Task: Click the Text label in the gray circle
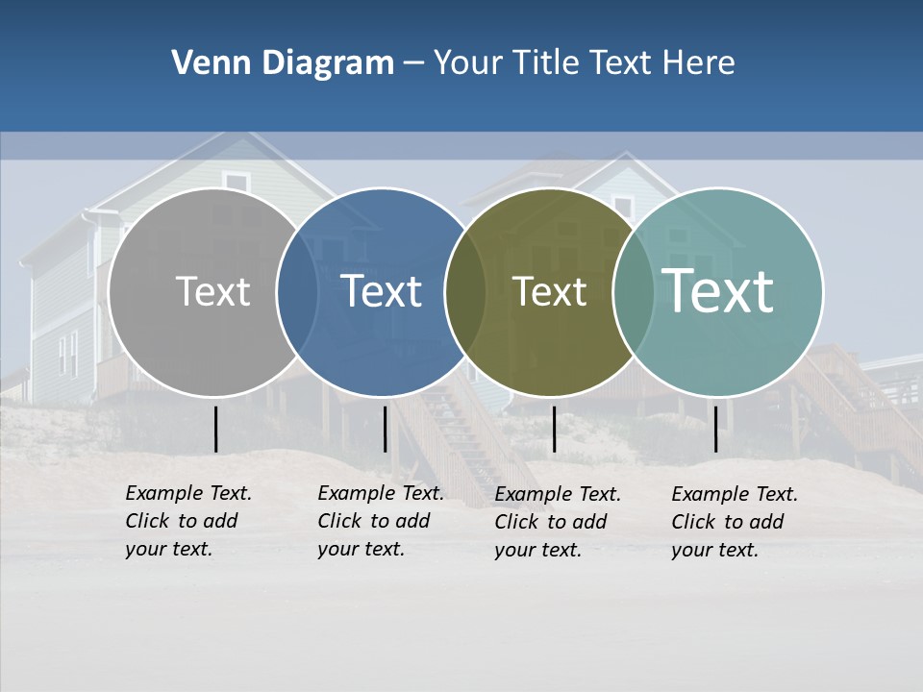tap(212, 291)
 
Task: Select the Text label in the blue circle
tap(381, 291)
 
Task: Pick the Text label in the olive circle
tap(549, 292)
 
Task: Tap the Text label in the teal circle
tap(717, 290)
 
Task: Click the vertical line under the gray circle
tap(215, 429)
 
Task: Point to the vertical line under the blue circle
tap(385, 429)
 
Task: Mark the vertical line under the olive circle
tap(554, 429)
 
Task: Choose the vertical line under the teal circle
tap(715, 429)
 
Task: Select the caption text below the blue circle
tap(381, 521)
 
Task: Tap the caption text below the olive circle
tap(558, 522)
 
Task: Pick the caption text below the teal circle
tap(735, 522)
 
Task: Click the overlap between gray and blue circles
tap(297, 292)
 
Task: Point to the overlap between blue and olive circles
tap(465, 292)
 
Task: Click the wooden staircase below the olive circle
tap(461, 442)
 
